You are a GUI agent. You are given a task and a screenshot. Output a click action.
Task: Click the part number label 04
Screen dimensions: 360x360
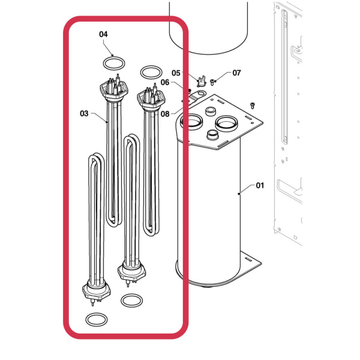coord(104,35)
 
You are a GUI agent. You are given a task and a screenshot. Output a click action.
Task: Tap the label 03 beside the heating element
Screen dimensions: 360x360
coord(84,113)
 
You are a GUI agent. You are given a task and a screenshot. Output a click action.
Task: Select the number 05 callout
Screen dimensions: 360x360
coord(175,73)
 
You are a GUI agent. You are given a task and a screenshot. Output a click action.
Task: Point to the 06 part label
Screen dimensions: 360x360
coord(165,82)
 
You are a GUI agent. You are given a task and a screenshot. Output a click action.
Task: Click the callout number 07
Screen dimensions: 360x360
coord(236,73)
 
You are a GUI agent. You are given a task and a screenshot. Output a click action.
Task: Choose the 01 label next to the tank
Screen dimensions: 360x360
coord(260,185)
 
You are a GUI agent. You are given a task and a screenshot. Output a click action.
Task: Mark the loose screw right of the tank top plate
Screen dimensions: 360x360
coord(253,105)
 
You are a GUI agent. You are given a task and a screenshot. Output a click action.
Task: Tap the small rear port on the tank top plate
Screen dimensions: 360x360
coord(211,112)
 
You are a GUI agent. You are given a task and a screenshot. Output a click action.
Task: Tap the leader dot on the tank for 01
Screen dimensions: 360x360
coord(239,193)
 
